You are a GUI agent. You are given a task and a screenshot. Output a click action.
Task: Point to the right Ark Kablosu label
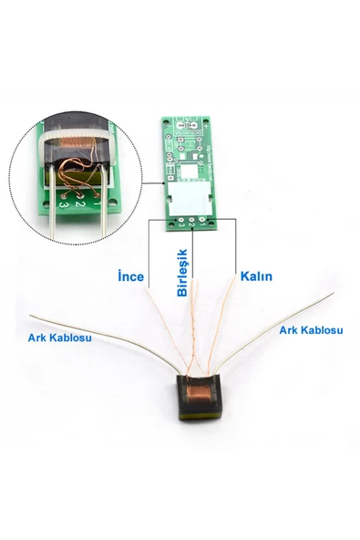(311, 329)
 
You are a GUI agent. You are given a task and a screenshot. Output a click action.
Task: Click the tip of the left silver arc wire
(33, 317)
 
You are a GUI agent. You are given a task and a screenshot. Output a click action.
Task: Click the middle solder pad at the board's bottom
(193, 217)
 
